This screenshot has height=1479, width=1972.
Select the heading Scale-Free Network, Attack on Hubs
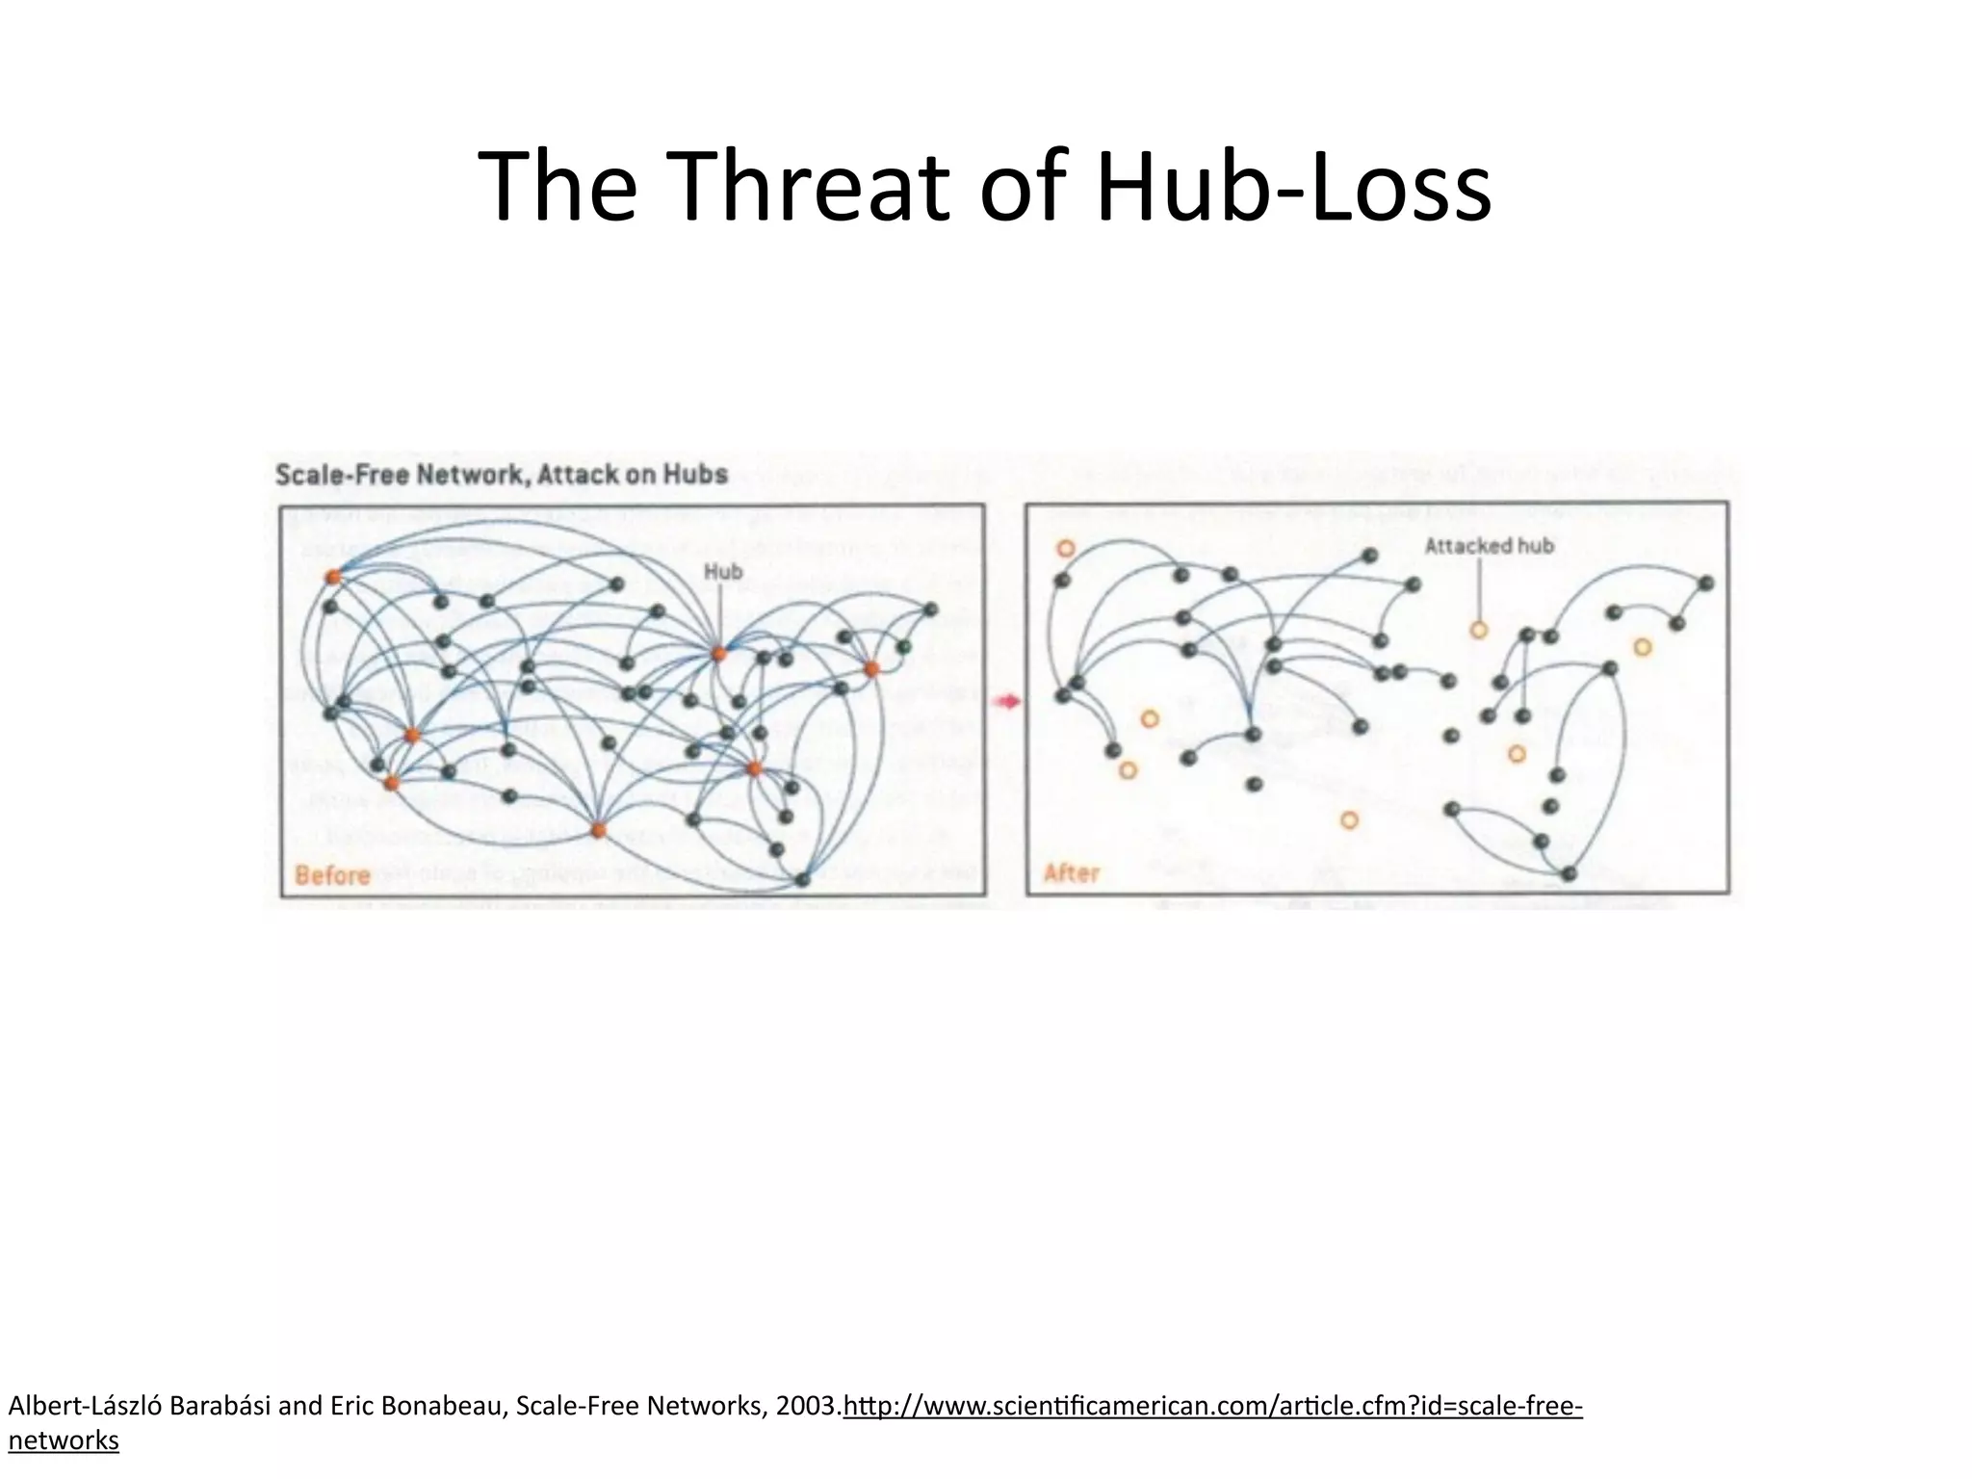(501, 475)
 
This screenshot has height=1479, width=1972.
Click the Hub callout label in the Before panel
(723, 572)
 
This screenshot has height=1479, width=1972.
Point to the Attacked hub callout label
(1489, 546)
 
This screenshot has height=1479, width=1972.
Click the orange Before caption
(332, 875)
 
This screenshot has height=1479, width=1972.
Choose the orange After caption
(1071, 873)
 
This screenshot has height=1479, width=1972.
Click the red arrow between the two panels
(1006, 702)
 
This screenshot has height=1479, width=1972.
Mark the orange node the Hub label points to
(717, 654)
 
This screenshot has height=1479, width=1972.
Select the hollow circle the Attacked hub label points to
(1479, 631)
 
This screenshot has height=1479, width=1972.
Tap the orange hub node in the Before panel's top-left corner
(333, 577)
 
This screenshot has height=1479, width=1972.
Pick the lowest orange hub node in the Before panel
(598, 830)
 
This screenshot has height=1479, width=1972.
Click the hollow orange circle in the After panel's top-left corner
(1065, 549)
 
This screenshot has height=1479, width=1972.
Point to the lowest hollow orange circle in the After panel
(1349, 820)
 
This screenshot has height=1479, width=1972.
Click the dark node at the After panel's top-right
(1706, 584)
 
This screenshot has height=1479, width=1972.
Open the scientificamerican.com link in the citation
(1212, 1408)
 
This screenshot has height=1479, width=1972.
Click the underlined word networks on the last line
(64, 1441)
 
